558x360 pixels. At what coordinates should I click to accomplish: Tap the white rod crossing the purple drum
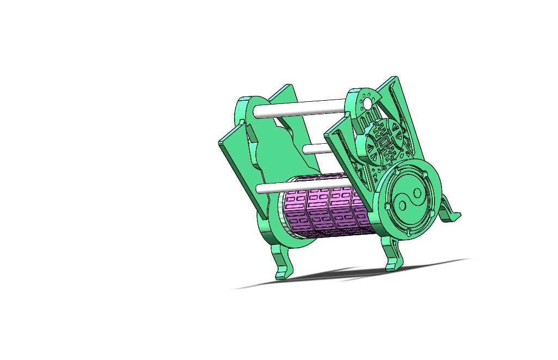click(269, 188)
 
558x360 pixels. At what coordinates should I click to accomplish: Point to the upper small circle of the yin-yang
click(418, 193)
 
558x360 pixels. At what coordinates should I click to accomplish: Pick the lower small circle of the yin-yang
click(402, 205)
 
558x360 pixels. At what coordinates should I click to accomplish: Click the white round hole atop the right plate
click(367, 103)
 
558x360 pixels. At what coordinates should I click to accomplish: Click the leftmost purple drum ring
click(296, 210)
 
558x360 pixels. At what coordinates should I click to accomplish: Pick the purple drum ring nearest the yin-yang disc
click(360, 210)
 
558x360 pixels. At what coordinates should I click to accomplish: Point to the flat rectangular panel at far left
click(240, 163)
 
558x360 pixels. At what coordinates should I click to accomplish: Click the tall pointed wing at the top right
click(400, 103)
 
